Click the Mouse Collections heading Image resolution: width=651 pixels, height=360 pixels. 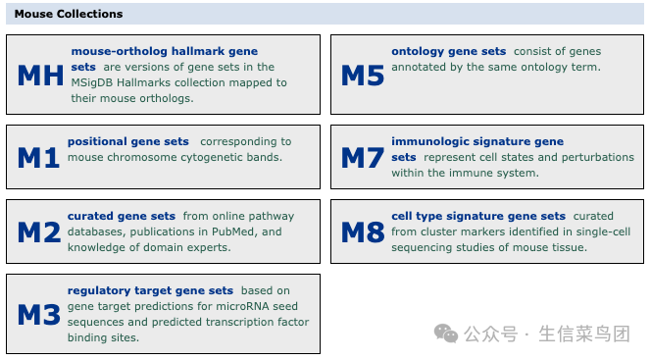[69, 14]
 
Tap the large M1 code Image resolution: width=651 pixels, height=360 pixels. [39, 157]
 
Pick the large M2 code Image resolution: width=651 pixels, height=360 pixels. [39, 232]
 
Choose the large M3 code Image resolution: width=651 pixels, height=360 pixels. [39, 315]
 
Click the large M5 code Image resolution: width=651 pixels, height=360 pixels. [362, 76]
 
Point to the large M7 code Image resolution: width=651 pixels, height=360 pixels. [362, 157]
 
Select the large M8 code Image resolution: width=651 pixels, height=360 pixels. [362, 232]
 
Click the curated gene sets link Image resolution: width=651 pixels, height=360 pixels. [122, 216]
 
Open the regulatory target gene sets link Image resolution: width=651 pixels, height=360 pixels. [150, 290]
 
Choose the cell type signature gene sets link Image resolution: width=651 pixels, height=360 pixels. [478, 216]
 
